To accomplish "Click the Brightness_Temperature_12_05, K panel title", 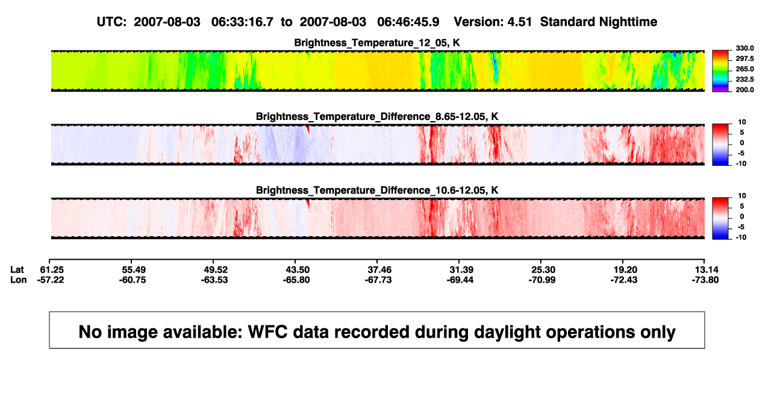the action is point(377,43).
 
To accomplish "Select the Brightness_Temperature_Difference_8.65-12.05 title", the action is point(377,116).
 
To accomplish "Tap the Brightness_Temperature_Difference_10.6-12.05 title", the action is point(377,190).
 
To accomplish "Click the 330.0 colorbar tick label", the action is point(744,48).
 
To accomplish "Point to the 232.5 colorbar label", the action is point(744,80).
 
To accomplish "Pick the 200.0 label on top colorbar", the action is point(744,90).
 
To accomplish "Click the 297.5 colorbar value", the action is point(744,59).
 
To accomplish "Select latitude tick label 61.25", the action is point(52,270).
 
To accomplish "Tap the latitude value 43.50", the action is point(298,270).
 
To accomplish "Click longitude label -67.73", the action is point(378,280).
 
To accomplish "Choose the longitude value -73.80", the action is point(705,280).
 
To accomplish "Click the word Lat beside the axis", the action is point(17,270).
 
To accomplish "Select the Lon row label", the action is point(19,280).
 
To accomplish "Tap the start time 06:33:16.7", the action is point(242,22).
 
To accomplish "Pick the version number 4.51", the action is point(519,22).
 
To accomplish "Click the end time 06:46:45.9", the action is point(408,22).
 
